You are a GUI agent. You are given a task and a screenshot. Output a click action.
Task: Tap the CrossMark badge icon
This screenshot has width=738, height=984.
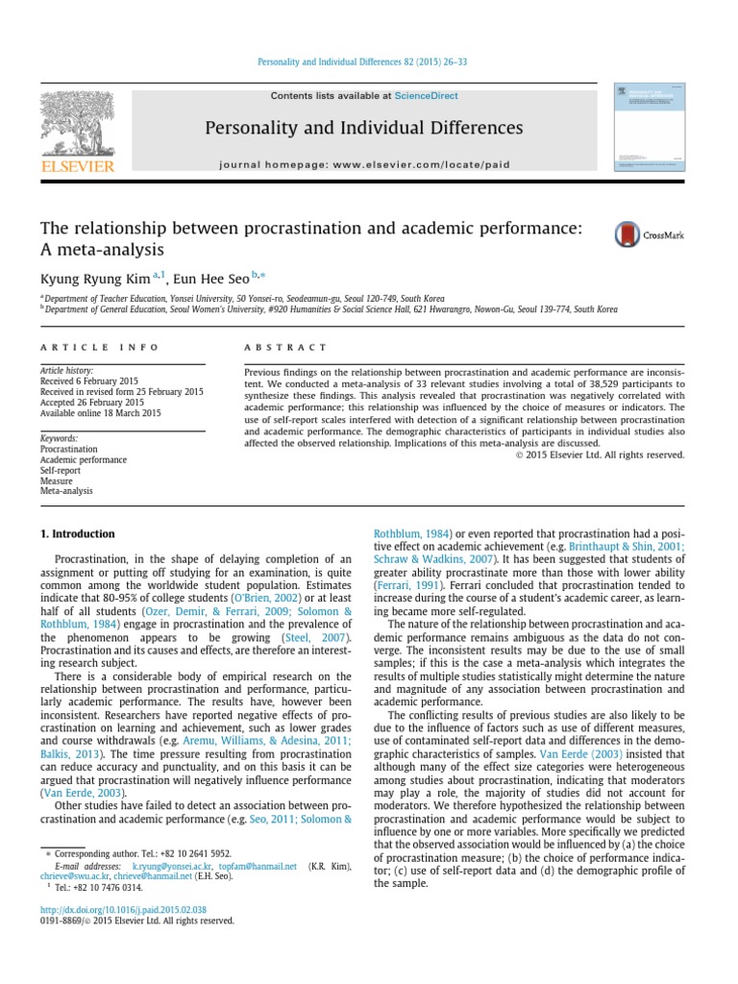[x=628, y=234]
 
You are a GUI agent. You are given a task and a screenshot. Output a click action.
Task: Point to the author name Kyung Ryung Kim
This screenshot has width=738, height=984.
[x=93, y=280]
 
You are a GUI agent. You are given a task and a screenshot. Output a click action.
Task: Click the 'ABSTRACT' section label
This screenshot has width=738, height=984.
[x=285, y=347]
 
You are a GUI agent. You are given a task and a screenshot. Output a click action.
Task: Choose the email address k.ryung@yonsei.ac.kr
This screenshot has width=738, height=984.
[x=172, y=866]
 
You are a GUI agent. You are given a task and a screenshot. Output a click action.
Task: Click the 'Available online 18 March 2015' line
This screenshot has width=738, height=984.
[x=101, y=413]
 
